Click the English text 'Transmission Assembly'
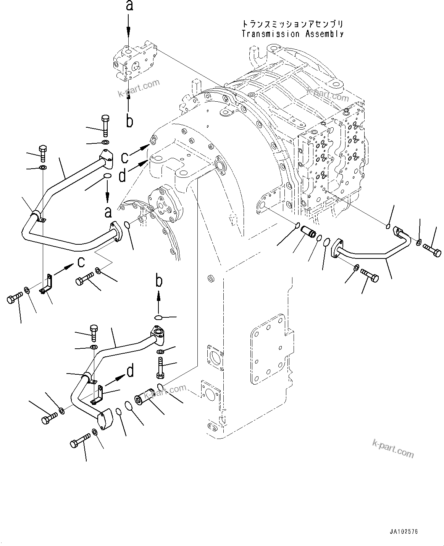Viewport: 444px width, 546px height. (293, 34)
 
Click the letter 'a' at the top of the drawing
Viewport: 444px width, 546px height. (129, 6)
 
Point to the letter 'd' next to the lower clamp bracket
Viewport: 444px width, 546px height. (130, 370)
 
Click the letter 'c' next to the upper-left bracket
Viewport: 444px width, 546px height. (81, 262)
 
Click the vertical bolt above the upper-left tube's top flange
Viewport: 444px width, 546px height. (105, 125)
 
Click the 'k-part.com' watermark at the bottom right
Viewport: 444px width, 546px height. (393, 448)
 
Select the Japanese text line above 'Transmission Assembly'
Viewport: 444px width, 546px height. (293, 24)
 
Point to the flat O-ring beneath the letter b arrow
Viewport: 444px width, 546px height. (159, 317)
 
